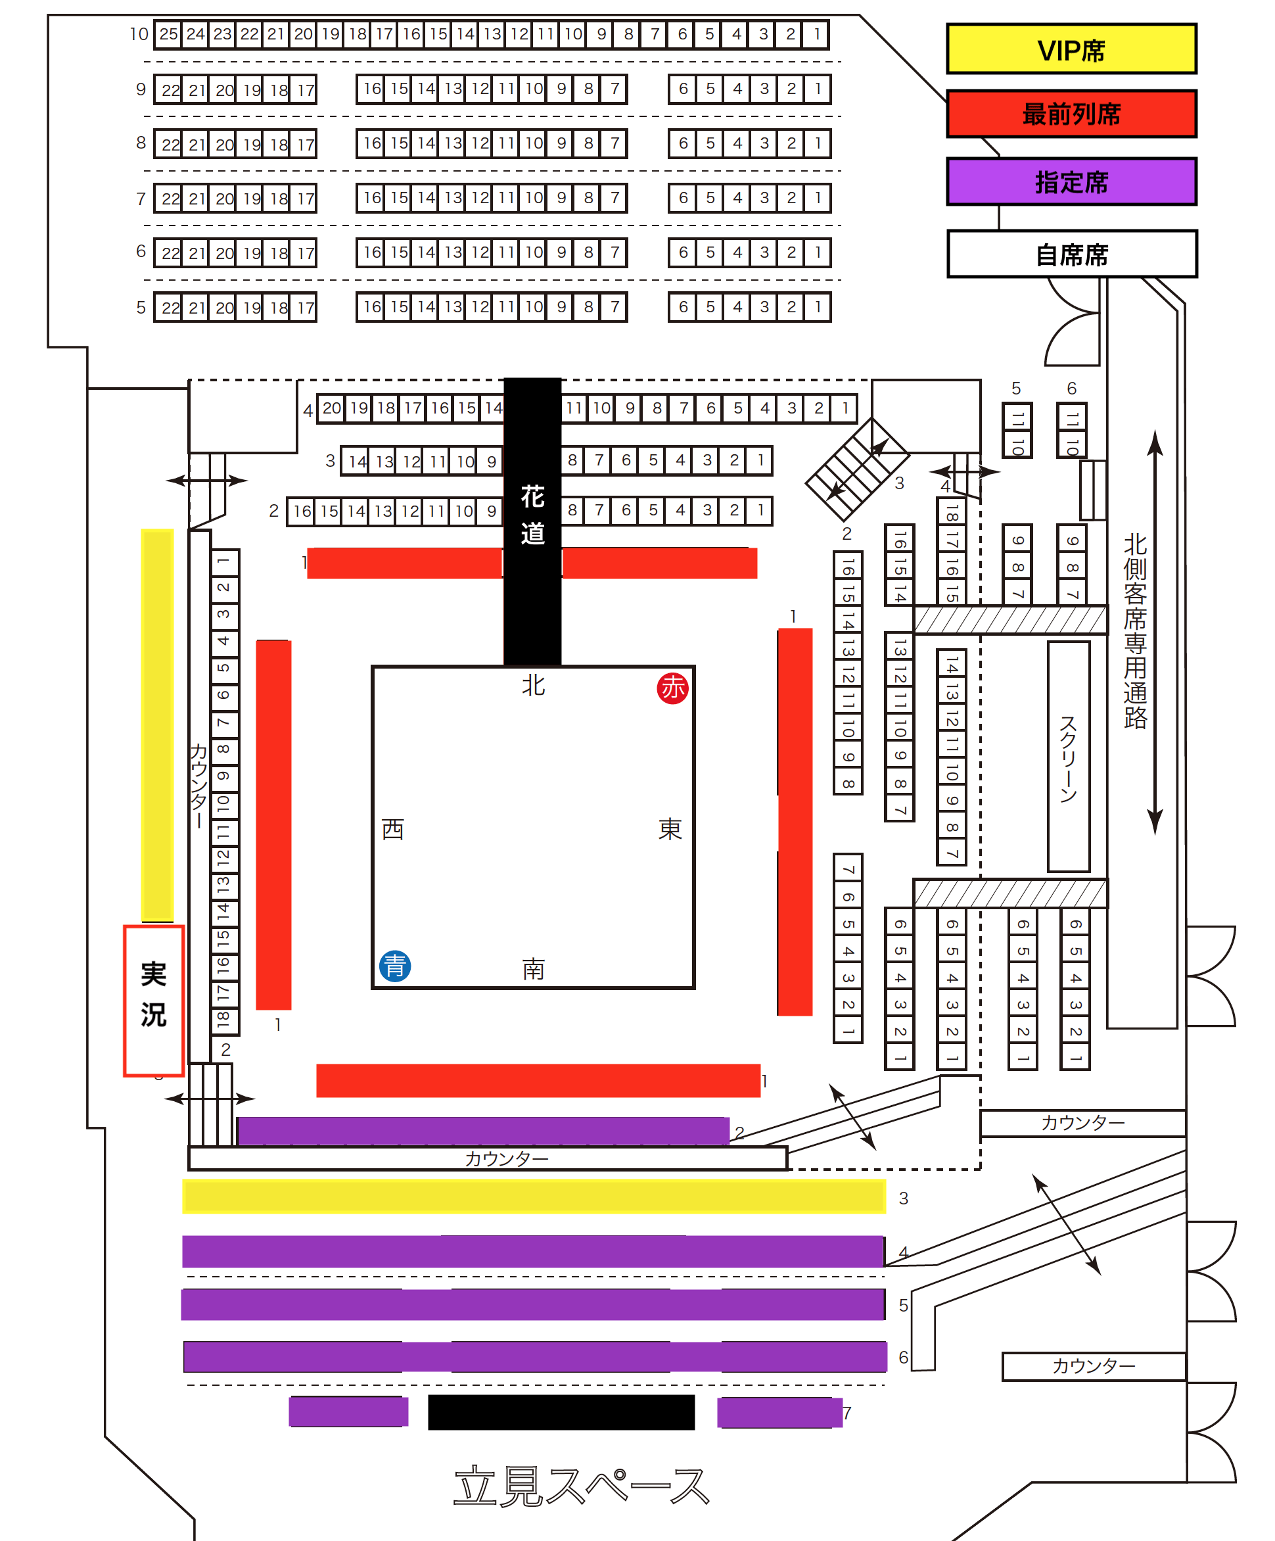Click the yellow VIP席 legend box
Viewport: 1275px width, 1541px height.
tap(1071, 49)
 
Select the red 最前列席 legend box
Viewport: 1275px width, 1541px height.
tap(1071, 114)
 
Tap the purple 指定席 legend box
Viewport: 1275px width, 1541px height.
tap(1071, 181)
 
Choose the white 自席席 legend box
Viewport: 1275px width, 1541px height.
tap(1071, 254)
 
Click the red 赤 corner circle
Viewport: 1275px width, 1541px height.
tap(672, 688)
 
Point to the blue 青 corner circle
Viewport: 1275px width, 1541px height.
tap(395, 966)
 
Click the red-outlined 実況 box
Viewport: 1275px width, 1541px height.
tap(153, 1000)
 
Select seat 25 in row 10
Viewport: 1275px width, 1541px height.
tap(169, 34)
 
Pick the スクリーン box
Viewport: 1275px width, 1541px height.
tap(1068, 757)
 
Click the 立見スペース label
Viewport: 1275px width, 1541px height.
tap(581, 1486)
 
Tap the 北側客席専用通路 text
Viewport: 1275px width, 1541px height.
tap(1134, 631)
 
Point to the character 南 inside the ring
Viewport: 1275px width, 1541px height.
tap(533, 969)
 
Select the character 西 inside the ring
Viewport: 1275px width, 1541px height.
tap(392, 829)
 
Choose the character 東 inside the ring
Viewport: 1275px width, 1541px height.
tap(670, 829)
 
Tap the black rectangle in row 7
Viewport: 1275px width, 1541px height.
tap(561, 1413)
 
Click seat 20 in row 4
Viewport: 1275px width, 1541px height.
tap(332, 408)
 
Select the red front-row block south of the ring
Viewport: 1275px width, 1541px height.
tap(538, 1081)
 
